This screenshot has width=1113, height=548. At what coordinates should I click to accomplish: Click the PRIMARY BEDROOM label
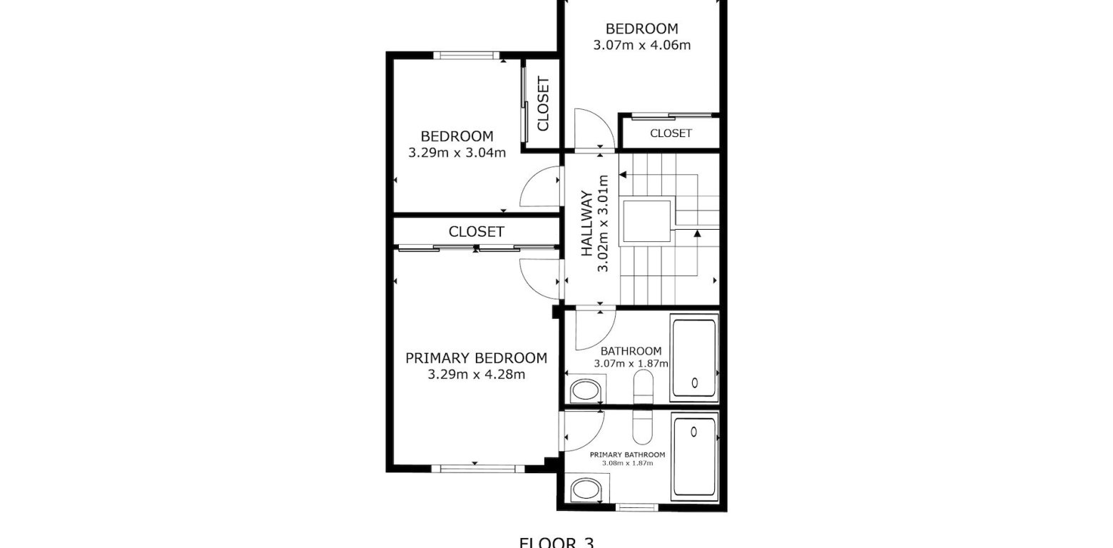coord(476,358)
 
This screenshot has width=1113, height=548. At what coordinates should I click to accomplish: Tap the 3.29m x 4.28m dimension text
coord(476,375)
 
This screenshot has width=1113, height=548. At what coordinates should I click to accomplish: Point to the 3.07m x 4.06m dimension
coord(641,45)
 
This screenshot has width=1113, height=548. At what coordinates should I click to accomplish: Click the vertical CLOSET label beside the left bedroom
coord(542,104)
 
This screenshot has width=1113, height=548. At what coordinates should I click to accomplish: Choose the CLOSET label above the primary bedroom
coord(476,232)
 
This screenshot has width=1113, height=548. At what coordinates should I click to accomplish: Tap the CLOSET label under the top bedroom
coord(671,133)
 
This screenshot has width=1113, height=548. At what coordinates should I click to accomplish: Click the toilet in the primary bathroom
coord(586,490)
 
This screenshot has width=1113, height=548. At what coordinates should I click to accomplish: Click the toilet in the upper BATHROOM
coord(586,391)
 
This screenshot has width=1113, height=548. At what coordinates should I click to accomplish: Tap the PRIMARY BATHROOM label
coord(627,455)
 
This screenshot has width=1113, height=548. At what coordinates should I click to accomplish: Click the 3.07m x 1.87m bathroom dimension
coord(631,363)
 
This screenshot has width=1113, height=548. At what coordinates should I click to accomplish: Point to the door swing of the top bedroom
coord(594,130)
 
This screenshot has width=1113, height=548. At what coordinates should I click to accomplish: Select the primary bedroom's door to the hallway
coord(540,278)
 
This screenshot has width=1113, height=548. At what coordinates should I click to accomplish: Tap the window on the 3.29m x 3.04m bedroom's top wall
coord(467,55)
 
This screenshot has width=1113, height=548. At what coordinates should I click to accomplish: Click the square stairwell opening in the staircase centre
coord(646,222)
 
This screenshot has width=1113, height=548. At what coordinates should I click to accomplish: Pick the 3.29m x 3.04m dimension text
coord(457,152)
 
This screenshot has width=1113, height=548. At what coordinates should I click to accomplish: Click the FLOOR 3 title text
coord(556,542)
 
